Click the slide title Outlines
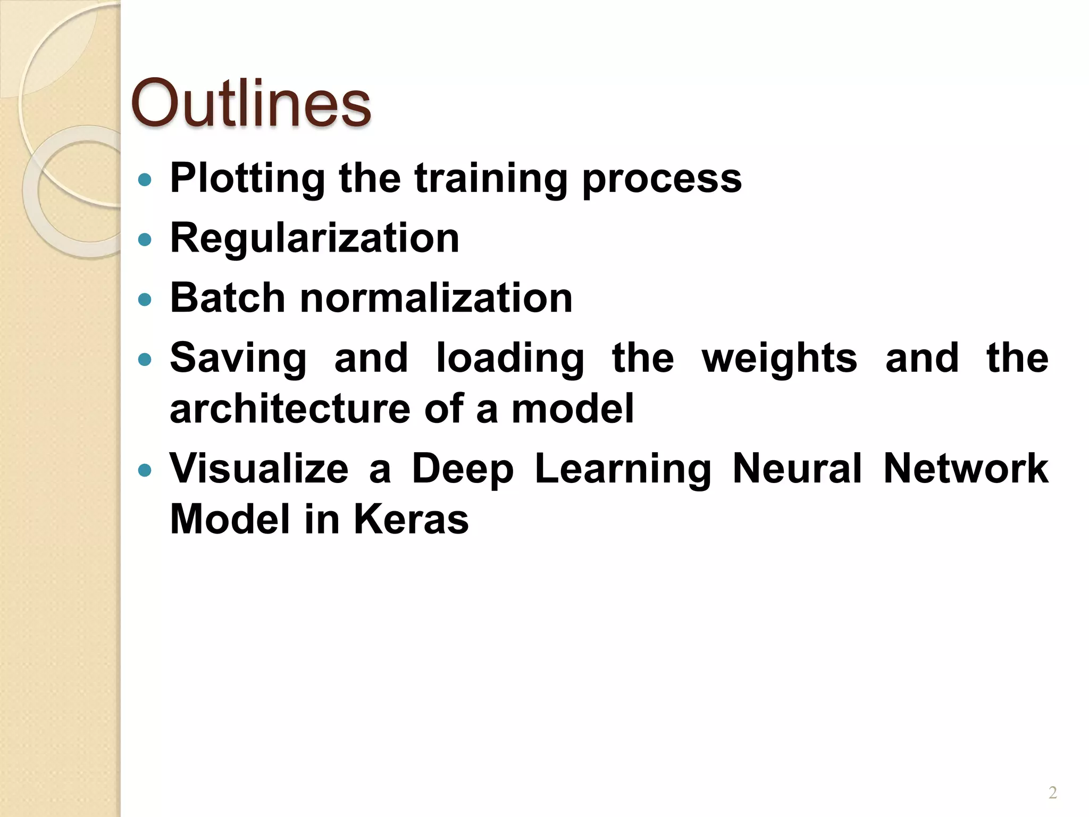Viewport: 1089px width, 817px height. click(250, 103)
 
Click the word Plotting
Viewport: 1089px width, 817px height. click(247, 179)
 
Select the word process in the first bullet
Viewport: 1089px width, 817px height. click(662, 179)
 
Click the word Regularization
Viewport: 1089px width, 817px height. click(314, 238)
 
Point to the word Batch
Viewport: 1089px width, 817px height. click(228, 298)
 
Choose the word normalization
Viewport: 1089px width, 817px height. click(436, 298)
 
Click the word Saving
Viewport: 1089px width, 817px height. click(238, 358)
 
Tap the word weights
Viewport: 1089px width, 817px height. click(779, 358)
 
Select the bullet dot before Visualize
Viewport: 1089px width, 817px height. click(144, 470)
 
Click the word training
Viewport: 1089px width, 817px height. click(491, 179)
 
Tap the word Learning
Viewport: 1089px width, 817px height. click(623, 470)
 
